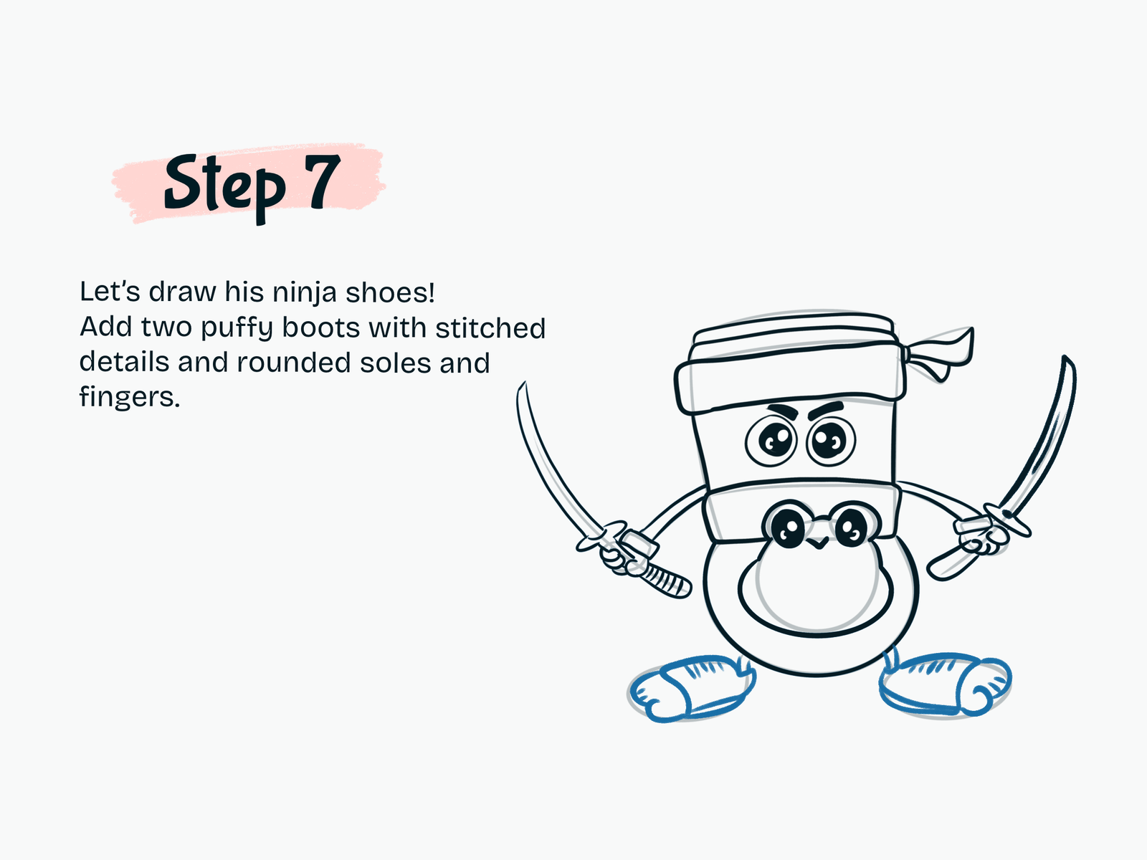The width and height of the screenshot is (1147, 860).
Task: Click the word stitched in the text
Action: [490, 328]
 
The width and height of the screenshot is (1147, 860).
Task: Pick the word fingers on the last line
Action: [130, 397]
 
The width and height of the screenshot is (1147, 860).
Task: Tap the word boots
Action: [321, 328]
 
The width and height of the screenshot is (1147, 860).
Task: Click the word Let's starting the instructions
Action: [110, 292]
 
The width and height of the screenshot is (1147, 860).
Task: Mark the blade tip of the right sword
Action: [1065, 357]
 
